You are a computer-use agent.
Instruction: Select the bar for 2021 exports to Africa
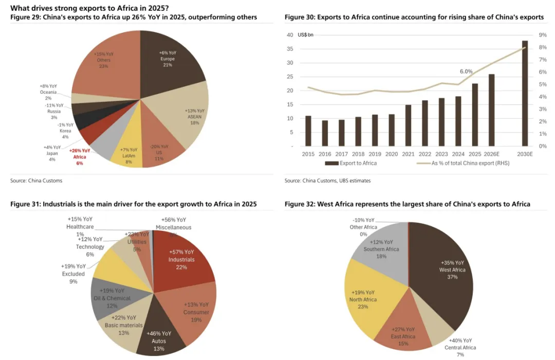(x=408, y=125)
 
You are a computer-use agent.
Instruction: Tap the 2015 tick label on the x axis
(x=308, y=154)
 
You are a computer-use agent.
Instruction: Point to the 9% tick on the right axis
(x=542, y=35)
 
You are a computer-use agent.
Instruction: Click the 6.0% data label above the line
(x=466, y=71)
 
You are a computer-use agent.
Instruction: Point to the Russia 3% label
(x=53, y=111)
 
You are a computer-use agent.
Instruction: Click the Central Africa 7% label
(x=461, y=348)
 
